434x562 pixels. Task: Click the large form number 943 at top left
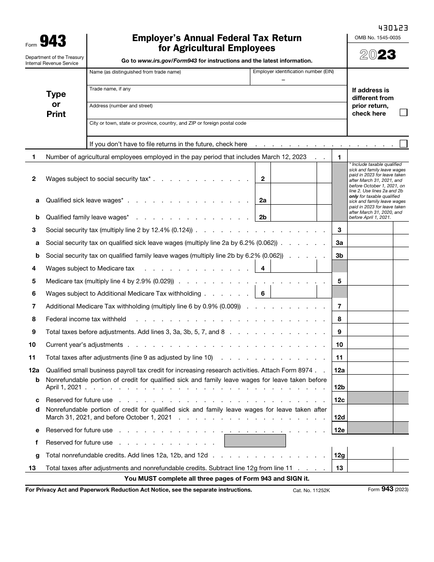53,42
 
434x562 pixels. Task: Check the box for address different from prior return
403,112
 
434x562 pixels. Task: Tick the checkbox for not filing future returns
403,143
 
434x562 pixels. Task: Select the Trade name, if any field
217,94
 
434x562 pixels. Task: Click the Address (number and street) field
217,111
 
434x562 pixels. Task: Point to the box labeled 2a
263,200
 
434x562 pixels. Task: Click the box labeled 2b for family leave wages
263,217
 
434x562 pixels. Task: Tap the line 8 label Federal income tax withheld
86,319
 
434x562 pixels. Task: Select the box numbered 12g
339,455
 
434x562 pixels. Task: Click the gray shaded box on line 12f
255,441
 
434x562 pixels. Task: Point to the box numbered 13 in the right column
339,467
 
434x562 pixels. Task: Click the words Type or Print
56,104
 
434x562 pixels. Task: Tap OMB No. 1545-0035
377,37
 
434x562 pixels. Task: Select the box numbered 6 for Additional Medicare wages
263,293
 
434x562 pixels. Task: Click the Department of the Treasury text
54,57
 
